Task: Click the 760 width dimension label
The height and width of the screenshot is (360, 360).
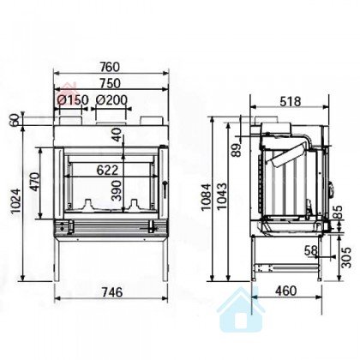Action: click(x=111, y=67)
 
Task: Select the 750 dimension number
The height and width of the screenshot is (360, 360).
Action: click(x=111, y=83)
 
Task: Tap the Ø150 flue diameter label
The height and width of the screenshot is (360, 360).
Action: click(x=73, y=100)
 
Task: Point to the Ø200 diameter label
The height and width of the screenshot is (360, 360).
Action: click(x=111, y=100)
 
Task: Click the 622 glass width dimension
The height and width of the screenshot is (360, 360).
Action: click(x=107, y=171)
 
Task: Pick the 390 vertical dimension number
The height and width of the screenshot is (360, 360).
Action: click(x=117, y=190)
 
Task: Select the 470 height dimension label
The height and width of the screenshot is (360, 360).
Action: click(x=35, y=182)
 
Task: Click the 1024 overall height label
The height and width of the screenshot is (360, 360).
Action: click(x=15, y=201)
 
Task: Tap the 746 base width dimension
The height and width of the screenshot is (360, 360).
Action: click(x=112, y=292)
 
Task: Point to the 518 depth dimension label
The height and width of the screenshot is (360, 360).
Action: click(x=291, y=101)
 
